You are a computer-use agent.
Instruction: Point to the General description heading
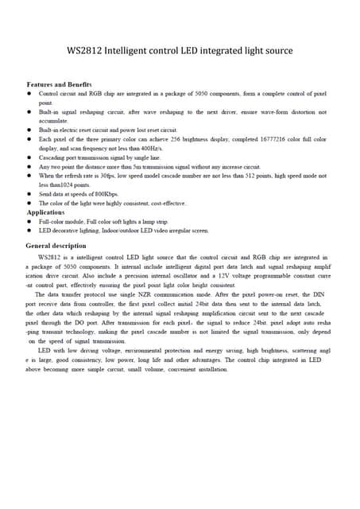[62, 246]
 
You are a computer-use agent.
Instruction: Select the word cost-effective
[168, 204]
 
